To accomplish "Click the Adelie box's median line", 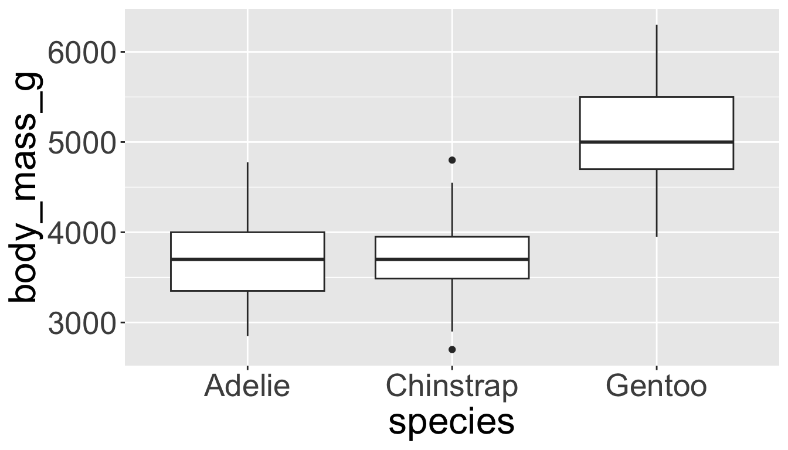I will [x=247, y=259].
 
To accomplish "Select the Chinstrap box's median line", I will [x=452, y=259].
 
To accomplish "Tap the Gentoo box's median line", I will [x=657, y=142].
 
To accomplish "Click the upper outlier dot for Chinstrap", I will [x=452, y=160].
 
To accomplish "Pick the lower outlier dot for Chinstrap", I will [x=452, y=350].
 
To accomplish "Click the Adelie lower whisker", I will [x=247, y=313].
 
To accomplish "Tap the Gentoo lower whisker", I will [x=657, y=203].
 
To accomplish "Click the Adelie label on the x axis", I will [x=247, y=387].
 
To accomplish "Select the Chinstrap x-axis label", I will [x=452, y=387].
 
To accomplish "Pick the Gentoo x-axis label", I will [x=657, y=387].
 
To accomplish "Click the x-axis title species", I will [x=451, y=423].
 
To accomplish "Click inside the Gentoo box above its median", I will [x=657, y=120].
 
